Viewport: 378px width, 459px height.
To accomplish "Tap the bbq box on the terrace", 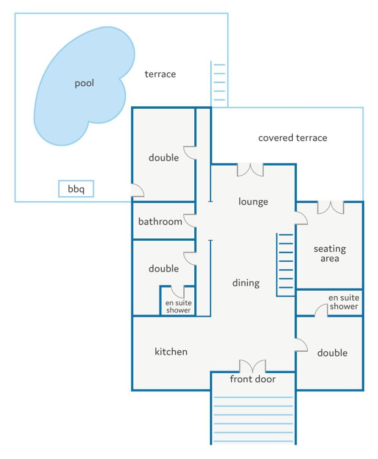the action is (x=76, y=189).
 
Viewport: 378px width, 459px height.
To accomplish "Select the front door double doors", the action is (x=252, y=366).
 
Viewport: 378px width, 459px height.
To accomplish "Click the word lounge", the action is (x=253, y=202).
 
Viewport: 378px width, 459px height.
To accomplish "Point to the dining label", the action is (x=246, y=283).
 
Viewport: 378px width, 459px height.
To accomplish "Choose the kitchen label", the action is (x=171, y=352).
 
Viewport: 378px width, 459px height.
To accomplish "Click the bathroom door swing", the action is (x=190, y=221).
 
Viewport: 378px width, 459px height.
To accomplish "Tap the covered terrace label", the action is (x=293, y=138).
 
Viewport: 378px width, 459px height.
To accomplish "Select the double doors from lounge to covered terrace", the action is (x=250, y=170).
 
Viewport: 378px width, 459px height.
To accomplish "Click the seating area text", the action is (x=330, y=254).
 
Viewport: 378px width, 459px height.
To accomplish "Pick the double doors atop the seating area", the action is (x=331, y=207).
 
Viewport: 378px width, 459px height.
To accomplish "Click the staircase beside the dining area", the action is (x=285, y=265).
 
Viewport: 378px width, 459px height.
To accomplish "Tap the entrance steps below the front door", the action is (x=253, y=419).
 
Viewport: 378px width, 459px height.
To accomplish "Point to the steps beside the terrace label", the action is (x=219, y=83).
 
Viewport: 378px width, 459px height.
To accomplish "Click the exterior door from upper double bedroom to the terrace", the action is (x=137, y=190).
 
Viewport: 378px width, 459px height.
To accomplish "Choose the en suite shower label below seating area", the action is (x=344, y=302).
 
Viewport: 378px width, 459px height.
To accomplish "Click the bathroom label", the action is (x=160, y=221).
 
